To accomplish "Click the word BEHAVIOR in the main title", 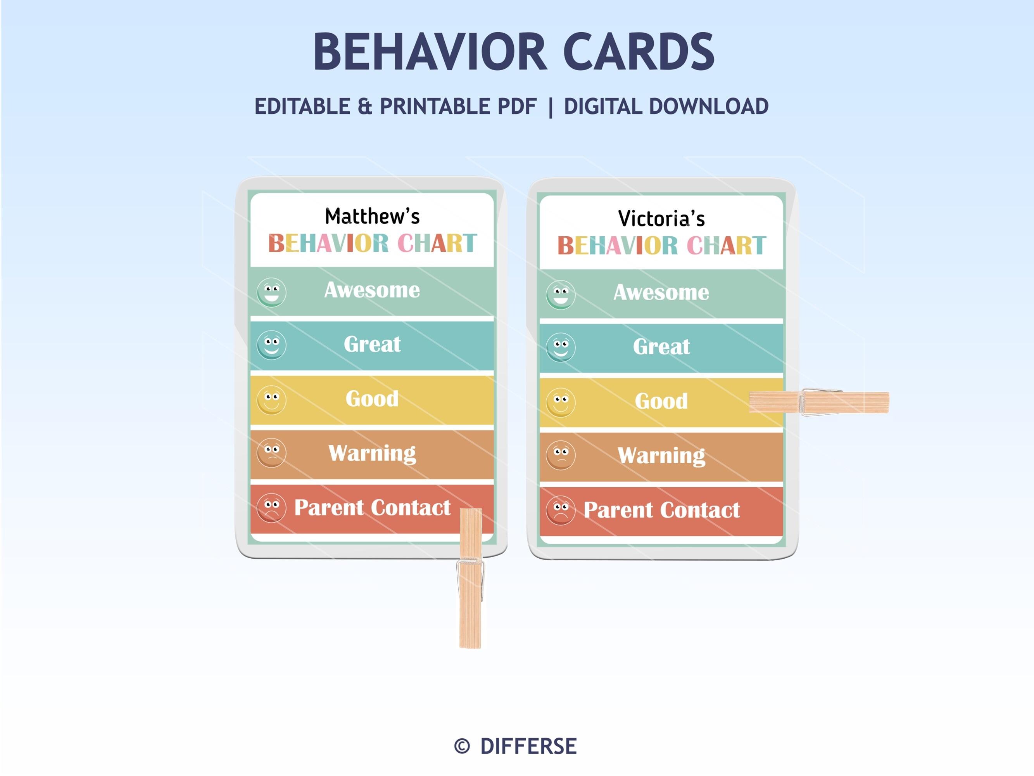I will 429,52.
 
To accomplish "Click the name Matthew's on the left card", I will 372,217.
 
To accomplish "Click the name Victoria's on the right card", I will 661,219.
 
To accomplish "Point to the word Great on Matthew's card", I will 372,344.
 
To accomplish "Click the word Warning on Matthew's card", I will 372,453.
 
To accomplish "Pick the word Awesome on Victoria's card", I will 661,292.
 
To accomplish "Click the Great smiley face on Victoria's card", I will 561,347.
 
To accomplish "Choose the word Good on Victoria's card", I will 661,401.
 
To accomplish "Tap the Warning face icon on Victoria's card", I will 561,455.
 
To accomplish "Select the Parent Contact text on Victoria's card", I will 661,510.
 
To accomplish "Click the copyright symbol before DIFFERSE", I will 462,746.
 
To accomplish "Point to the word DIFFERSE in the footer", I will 528,746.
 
